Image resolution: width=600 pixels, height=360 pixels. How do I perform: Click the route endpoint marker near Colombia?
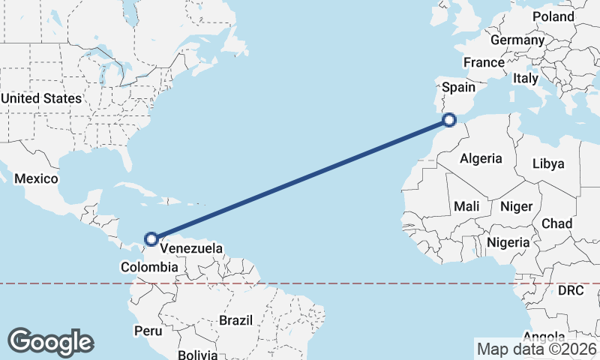[x=151, y=239]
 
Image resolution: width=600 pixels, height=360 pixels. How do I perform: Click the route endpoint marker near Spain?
[x=449, y=119]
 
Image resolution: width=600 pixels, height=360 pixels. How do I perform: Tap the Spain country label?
[x=458, y=88]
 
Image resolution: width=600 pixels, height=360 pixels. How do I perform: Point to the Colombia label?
[x=149, y=267]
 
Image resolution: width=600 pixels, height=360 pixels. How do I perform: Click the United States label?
[x=41, y=98]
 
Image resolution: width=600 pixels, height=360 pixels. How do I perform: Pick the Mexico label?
[x=36, y=178]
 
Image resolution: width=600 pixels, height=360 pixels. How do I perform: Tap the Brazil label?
[x=235, y=320]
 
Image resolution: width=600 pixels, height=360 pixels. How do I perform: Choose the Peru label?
[x=148, y=330]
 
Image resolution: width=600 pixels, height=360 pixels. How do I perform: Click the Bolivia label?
[x=198, y=354]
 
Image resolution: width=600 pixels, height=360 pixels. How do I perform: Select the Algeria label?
[x=480, y=158]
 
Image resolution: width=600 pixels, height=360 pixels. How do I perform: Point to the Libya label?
[x=547, y=163]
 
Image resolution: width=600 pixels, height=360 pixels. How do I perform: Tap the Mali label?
[x=466, y=206]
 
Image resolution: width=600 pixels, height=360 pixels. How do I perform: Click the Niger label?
[x=516, y=206]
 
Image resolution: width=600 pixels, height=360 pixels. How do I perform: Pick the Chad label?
[x=556, y=223]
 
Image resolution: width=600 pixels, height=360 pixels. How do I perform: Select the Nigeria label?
[x=508, y=242]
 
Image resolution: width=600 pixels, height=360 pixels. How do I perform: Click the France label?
[x=484, y=62]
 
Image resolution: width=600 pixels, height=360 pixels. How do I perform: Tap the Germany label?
[x=517, y=40]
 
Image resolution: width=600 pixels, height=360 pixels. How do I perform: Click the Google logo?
[x=50, y=342]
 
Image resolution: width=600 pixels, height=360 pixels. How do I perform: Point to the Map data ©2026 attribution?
[x=536, y=349]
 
